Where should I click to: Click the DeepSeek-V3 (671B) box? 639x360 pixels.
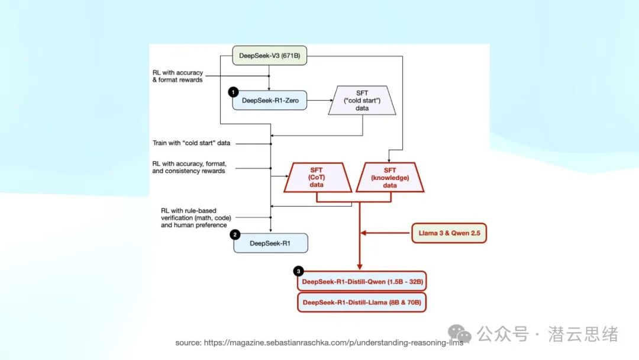[269, 56]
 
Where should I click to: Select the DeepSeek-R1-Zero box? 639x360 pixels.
[270, 100]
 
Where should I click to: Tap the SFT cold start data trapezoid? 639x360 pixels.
[362, 100]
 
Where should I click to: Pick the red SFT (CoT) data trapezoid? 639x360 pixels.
[317, 178]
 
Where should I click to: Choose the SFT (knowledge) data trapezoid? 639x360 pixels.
[390, 178]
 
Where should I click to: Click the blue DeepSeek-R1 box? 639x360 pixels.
[270, 243]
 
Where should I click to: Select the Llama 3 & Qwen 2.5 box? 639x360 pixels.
[449, 233]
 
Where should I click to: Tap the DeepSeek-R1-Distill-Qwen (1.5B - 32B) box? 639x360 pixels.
[362, 281]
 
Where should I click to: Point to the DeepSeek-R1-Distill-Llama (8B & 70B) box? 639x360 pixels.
[362, 303]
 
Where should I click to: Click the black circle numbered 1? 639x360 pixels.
[233, 92]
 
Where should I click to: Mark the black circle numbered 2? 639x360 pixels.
[235, 235]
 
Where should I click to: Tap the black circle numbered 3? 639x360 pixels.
[298, 271]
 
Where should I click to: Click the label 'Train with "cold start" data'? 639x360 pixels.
[191, 143]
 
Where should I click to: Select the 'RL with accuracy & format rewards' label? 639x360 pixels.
[177, 76]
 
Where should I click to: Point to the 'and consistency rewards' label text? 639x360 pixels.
[189, 171]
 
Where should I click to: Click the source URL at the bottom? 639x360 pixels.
[319, 342]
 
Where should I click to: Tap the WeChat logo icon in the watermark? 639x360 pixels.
[460, 334]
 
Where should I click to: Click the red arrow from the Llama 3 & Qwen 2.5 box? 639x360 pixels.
[386, 233]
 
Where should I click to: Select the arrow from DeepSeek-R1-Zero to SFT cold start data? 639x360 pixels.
[320, 100]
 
